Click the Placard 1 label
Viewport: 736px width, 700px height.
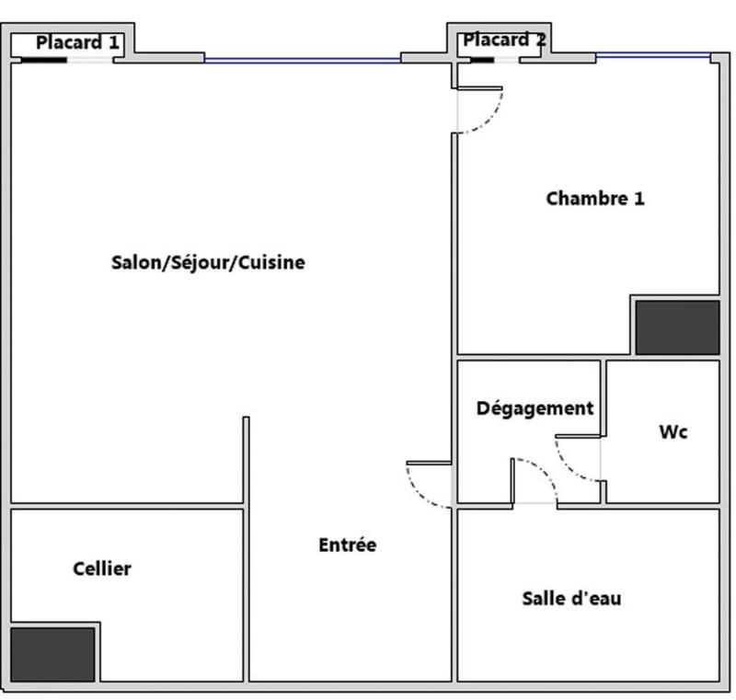pyautogui.click(x=77, y=42)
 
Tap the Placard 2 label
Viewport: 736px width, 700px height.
pyautogui.click(x=504, y=40)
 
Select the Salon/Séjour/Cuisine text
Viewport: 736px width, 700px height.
pyautogui.click(x=208, y=263)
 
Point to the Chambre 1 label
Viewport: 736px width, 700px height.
pyautogui.click(x=595, y=199)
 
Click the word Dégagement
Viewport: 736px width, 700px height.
pyautogui.click(x=535, y=408)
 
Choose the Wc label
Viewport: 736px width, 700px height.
pyautogui.click(x=673, y=431)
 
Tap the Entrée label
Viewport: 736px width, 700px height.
pyautogui.click(x=348, y=545)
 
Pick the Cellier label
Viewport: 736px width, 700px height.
pyautogui.click(x=102, y=569)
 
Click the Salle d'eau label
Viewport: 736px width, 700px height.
pyautogui.click(x=571, y=599)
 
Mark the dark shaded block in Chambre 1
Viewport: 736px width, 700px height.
pyautogui.click(x=677, y=327)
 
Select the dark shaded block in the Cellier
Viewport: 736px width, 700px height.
pyautogui.click(x=52, y=653)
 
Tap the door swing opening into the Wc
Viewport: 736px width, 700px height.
pyautogui.click(x=578, y=459)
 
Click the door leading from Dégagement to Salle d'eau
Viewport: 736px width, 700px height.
pyautogui.click(x=535, y=480)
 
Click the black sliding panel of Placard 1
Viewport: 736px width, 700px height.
pyautogui.click(x=43, y=61)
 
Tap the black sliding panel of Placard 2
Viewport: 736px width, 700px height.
pyautogui.click(x=481, y=61)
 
